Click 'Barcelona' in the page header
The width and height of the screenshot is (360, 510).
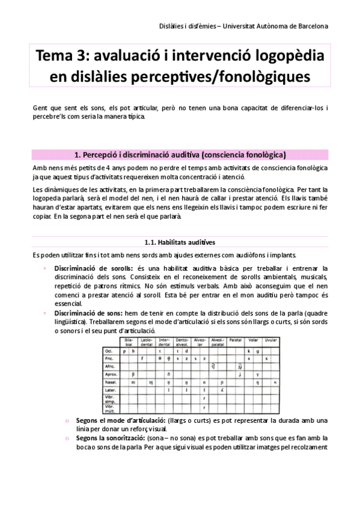[x=307, y=26]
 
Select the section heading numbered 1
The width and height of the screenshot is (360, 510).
[x=179, y=154]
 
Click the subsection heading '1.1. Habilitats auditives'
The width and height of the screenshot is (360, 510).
[x=179, y=242]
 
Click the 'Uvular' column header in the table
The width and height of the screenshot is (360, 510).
[x=270, y=340]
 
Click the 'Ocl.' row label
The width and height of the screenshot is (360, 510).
[x=109, y=350]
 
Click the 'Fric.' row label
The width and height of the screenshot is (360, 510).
[x=109, y=358]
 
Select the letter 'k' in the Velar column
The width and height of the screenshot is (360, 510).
[x=249, y=350]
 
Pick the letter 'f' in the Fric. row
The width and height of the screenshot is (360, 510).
[x=142, y=358]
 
